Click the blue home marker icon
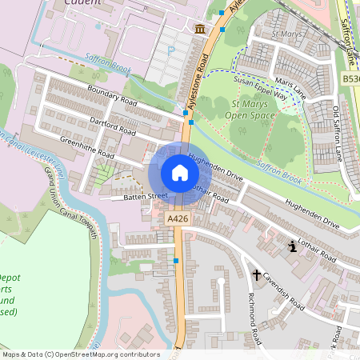[x=179, y=173]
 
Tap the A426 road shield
[x=177, y=218]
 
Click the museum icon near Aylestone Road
[x=198, y=30]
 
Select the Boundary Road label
[x=113, y=97]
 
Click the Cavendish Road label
[x=286, y=294]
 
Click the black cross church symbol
[x=257, y=275]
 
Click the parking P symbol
[x=170, y=50]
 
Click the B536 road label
[x=350, y=79]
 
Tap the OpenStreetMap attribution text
[x=80, y=354]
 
